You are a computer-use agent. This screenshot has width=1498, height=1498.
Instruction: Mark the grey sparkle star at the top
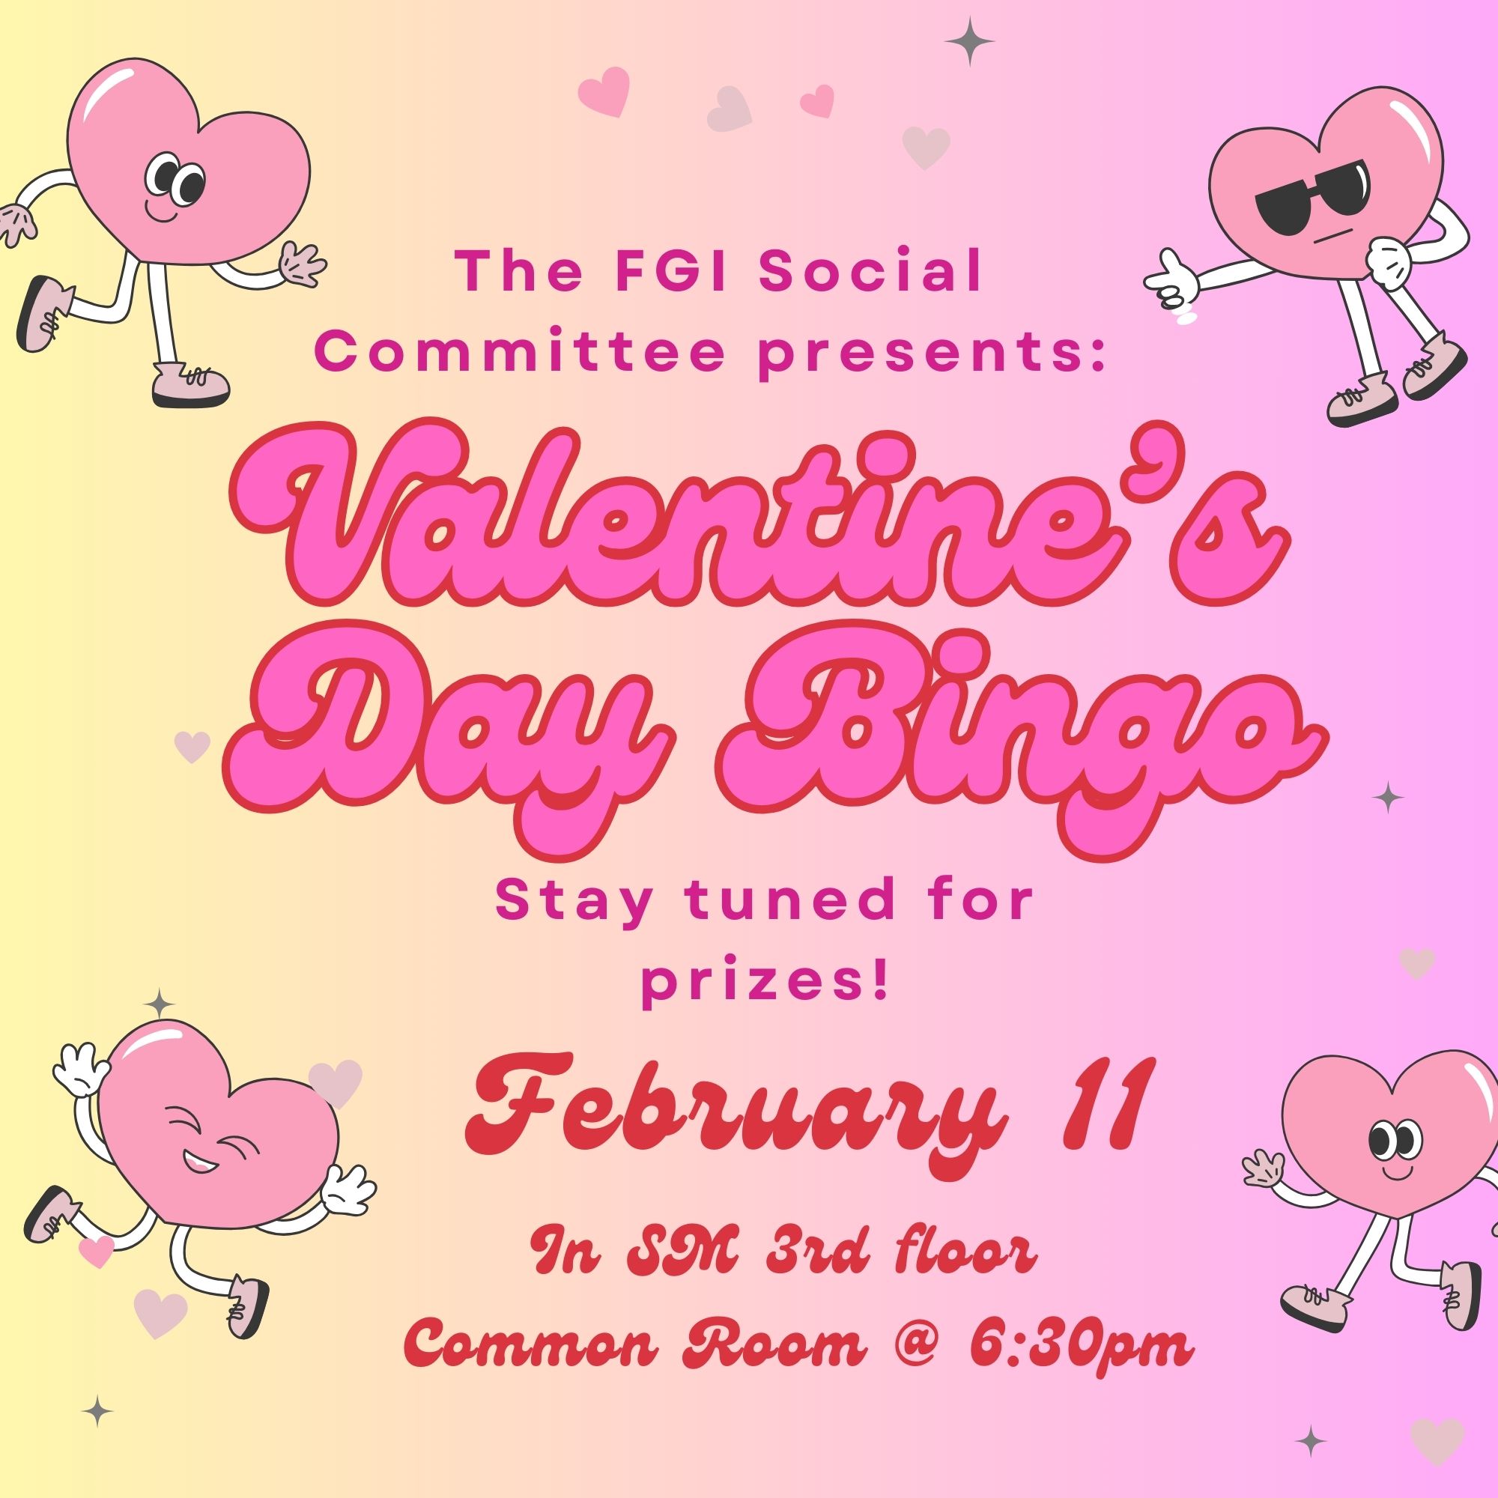click(x=969, y=41)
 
